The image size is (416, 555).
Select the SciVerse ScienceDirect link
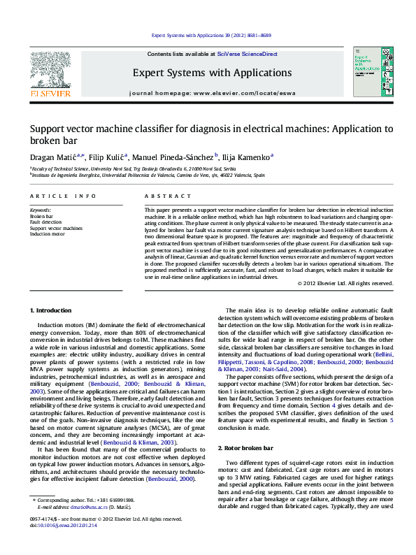coord(247,54)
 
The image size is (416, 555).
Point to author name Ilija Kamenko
coord(250,157)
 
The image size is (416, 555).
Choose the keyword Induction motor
coord(46,233)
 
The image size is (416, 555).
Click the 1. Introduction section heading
coord(51,310)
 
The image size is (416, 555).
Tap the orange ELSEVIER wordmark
coord(49,92)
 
